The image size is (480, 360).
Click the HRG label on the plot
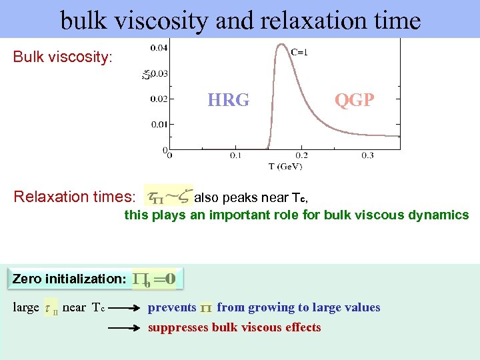228,100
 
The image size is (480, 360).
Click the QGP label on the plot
354,100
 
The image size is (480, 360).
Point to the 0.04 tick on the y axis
159,48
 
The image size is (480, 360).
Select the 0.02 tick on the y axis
159,99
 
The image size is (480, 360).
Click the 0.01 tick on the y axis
159,124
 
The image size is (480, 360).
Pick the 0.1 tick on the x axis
235,155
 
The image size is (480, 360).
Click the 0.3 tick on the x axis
367,155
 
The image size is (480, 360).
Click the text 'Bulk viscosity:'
63,57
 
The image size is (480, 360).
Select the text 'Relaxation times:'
75,197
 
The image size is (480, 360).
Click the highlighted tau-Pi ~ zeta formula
169,196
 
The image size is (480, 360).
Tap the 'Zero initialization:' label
69,279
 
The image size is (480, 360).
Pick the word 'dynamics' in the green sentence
441,215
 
